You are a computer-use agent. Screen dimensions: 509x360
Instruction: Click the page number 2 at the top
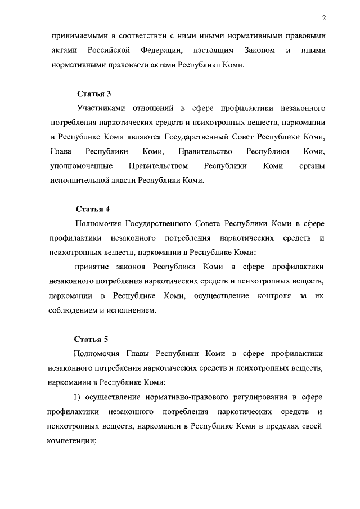pos(325,19)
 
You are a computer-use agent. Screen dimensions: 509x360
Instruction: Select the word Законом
pos(259,51)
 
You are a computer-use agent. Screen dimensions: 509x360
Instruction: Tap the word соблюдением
pos(77,310)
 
